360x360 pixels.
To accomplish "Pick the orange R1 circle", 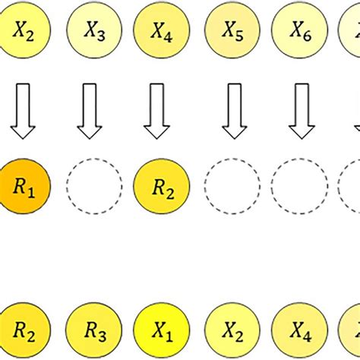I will coord(23,185).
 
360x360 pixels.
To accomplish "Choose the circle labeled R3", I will coord(94,331).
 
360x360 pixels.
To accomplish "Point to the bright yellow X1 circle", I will coord(161,331).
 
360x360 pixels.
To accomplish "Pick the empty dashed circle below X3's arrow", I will coord(94,185).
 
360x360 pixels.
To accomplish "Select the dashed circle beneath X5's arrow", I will coord(232,185).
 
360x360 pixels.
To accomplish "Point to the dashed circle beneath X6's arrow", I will coord(299,185).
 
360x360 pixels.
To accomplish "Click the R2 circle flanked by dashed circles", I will coord(161,185).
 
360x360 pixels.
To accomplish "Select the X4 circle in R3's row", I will coord(299,331).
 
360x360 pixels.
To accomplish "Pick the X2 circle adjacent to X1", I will coord(232,331).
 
